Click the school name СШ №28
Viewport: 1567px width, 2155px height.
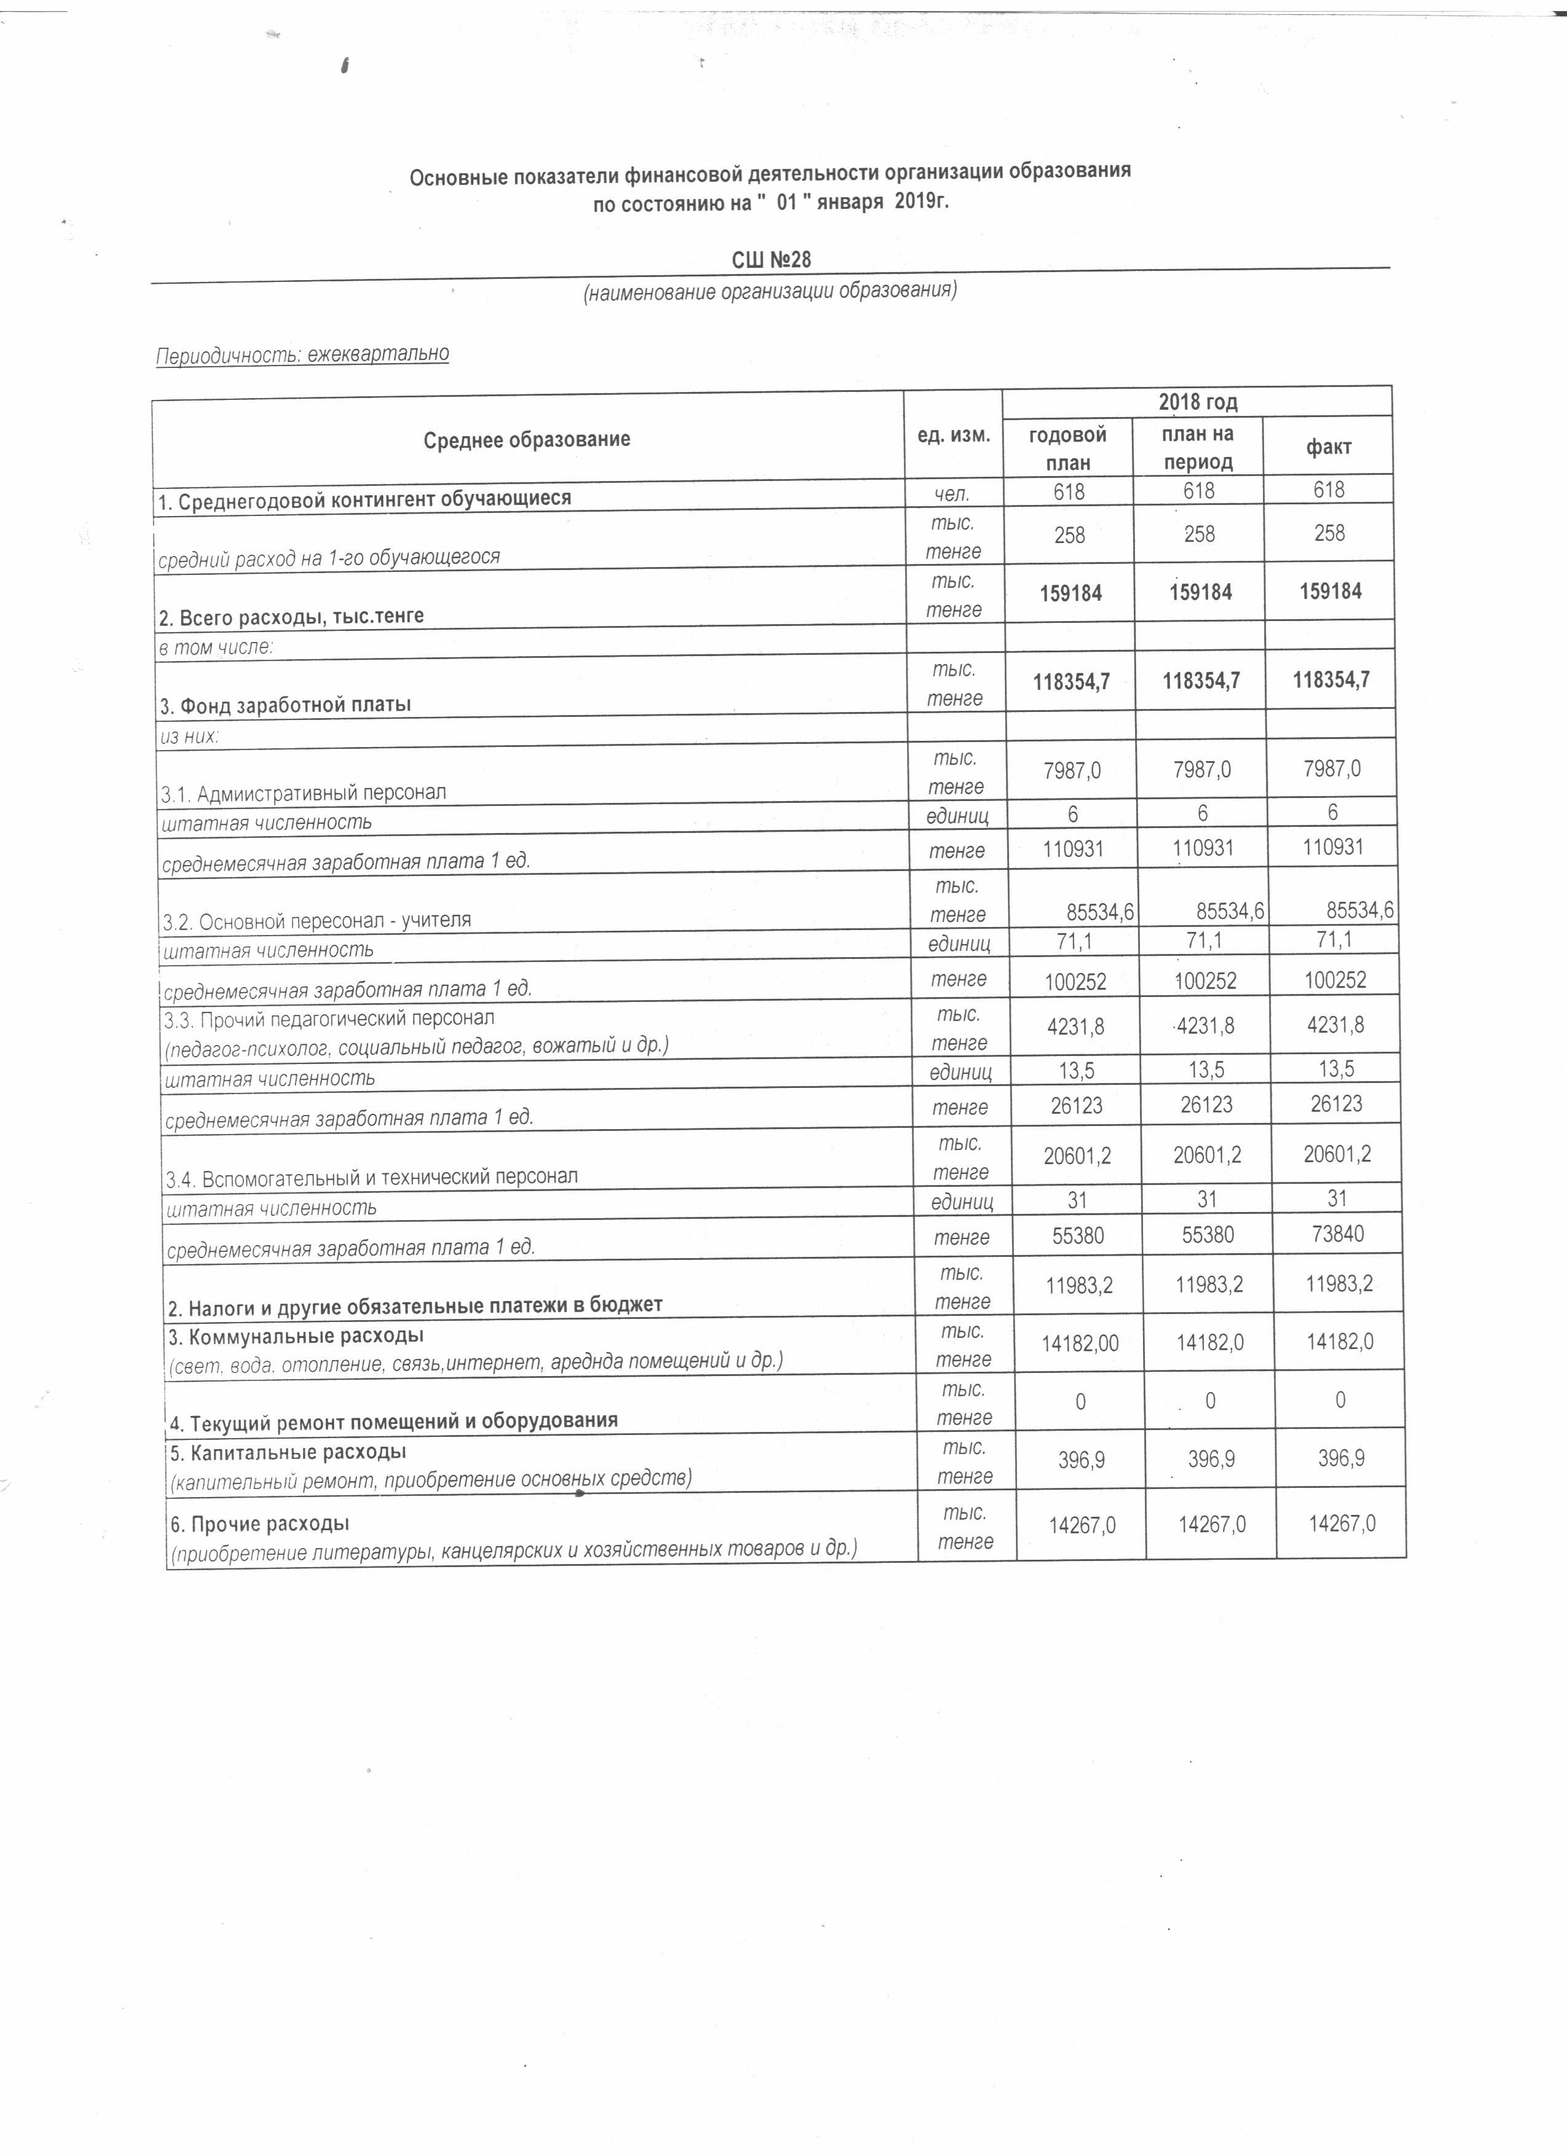[771, 259]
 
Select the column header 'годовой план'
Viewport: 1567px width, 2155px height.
[1068, 448]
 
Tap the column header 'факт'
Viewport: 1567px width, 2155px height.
[1329, 447]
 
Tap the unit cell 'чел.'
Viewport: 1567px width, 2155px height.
[953, 491]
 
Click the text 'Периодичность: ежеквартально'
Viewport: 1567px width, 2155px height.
[302, 354]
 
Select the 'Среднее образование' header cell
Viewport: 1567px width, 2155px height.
[527, 439]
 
